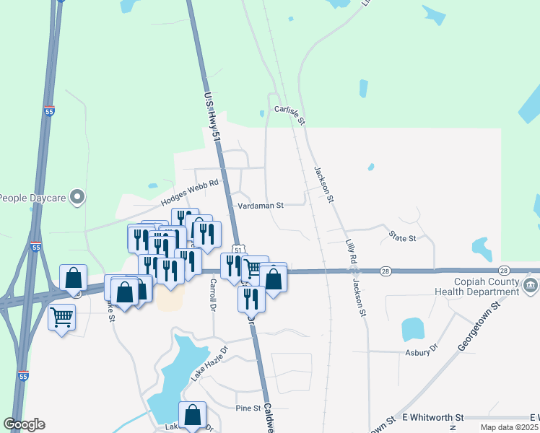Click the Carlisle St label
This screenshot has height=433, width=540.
289,110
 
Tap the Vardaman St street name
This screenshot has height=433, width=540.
261,206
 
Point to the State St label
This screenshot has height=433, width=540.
403,237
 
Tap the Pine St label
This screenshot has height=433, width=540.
248,408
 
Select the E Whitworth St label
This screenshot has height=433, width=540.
432,418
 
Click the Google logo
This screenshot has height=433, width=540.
24,424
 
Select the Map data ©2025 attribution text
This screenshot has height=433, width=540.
508,427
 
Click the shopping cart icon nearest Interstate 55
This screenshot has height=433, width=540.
61,315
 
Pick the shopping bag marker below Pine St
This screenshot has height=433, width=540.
192,415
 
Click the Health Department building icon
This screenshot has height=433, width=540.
531,284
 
